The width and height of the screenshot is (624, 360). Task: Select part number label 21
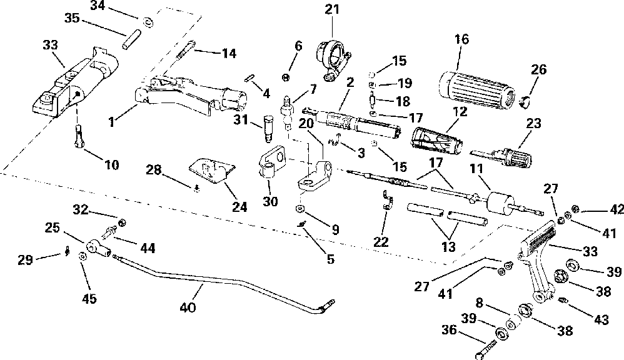(x=332, y=9)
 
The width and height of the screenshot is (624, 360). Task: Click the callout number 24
(x=239, y=207)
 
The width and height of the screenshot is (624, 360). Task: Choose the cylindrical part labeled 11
(x=500, y=204)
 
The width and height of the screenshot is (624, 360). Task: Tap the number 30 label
(x=270, y=201)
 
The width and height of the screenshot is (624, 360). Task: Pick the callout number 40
(x=188, y=307)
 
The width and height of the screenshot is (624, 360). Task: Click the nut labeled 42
(x=575, y=208)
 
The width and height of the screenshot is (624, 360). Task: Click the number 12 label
(x=460, y=111)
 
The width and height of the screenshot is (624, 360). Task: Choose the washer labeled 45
(x=83, y=256)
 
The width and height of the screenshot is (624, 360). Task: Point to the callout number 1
(x=112, y=122)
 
